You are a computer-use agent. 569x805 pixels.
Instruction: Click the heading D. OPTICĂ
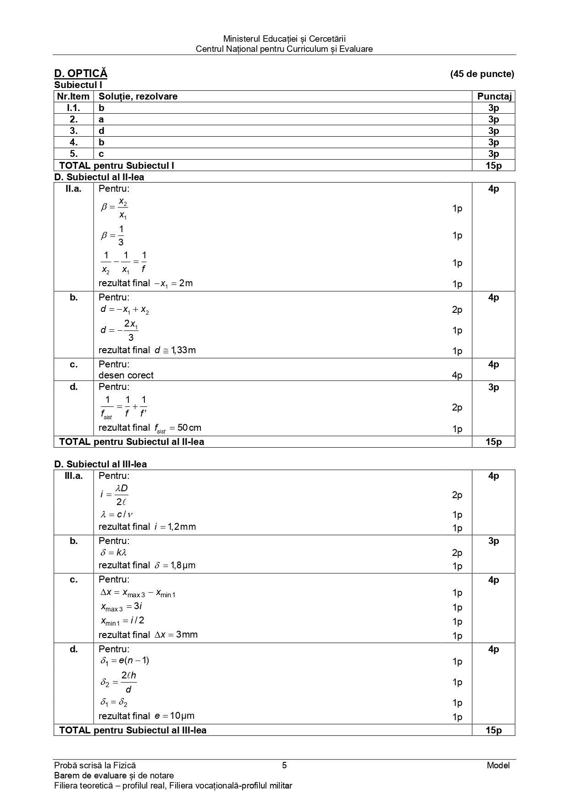[81, 73]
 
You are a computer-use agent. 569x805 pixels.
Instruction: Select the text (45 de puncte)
[482, 74]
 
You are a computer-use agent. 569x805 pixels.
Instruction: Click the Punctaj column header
[493, 96]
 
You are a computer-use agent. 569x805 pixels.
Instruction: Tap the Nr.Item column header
[73, 96]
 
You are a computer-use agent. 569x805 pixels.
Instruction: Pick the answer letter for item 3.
[101, 131]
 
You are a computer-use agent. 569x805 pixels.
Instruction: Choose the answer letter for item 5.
[101, 154]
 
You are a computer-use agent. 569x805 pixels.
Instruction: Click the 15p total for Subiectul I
[493, 166]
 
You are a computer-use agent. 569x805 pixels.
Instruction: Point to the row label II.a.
[73, 189]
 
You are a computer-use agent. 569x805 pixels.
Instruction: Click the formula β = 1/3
[113, 235]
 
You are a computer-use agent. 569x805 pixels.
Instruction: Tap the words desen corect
[126, 375]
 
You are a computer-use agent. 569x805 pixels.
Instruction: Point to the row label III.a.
[73, 476]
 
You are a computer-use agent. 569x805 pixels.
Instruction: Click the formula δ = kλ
[113, 553]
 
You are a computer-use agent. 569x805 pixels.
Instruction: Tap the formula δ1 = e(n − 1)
[125, 661]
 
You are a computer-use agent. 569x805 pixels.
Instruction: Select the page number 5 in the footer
[284, 765]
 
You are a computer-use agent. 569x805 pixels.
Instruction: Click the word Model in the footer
[498, 765]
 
